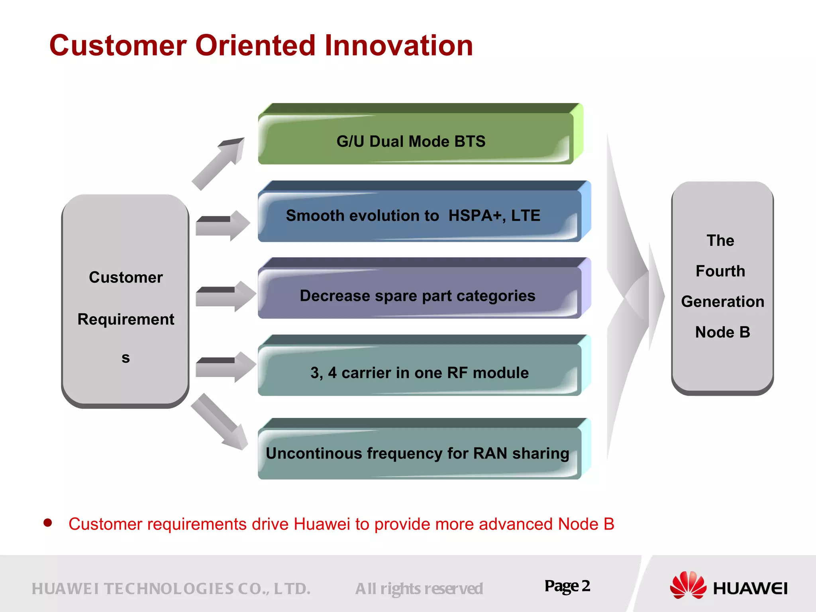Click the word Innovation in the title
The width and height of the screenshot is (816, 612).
point(398,45)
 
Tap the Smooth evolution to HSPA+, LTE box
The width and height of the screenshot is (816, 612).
point(418,215)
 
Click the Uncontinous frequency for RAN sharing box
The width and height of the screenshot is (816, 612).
point(418,452)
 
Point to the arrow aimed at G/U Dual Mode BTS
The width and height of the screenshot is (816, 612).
point(218,163)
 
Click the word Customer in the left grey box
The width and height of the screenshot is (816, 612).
point(126,277)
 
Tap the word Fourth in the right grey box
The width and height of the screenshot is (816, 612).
point(720,271)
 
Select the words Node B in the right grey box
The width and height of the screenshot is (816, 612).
point(722,332)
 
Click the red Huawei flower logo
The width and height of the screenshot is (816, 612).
point(688,585)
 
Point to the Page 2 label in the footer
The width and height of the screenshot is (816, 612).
point(567,586)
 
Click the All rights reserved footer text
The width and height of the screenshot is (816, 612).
point(419,589)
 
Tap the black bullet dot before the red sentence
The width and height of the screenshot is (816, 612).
point(48,523)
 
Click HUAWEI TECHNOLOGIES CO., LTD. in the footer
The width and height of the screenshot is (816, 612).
point(171,589)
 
